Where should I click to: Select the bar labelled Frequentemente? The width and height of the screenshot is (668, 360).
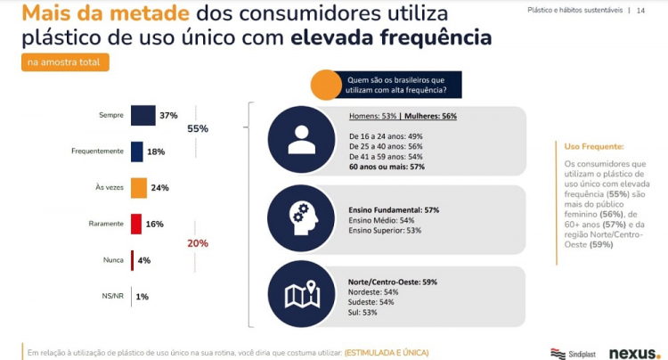point(136,151)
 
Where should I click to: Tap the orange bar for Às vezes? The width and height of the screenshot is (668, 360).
point(138,188)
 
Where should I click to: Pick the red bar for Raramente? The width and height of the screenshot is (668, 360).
point(136,224)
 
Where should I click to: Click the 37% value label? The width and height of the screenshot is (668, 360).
point(169,116)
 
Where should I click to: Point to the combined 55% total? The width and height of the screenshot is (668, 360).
point(197,129)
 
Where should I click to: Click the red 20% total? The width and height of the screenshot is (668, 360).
point(197,242)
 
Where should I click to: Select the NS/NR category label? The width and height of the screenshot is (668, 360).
point(111,296)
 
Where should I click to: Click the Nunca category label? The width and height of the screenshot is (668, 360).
point(112,260)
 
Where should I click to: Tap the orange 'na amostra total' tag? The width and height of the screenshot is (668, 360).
point(65,62)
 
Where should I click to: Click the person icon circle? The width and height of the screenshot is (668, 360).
point(301,139)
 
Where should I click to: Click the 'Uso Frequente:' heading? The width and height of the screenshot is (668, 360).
point(594,146)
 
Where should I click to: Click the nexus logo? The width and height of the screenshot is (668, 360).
point(634,352)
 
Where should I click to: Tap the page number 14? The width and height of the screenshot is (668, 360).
point(640,10)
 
